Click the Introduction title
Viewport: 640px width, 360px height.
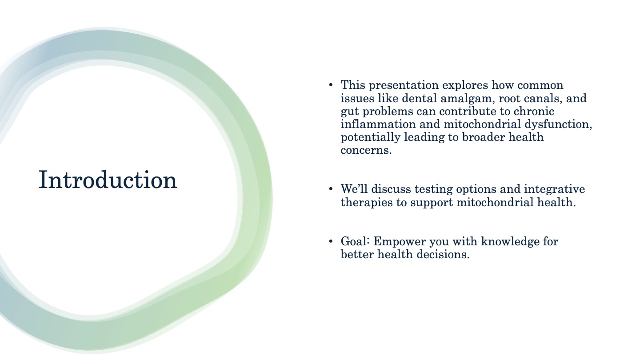[108, 180]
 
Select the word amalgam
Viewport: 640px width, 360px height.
[468, 98]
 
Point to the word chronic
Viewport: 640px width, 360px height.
[534, 111]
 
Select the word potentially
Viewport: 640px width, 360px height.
[370, 137]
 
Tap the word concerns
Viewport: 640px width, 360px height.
[366, 150]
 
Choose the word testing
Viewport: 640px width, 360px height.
[433, 189]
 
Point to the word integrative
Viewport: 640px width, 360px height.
[554, 189]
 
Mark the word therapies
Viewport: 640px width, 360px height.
[367, 203]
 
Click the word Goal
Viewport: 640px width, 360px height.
[355, 241]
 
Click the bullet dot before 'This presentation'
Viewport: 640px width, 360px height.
[331, 85]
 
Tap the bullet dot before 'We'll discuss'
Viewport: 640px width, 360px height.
[331, 189]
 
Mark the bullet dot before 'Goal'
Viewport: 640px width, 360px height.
[331, 241]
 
